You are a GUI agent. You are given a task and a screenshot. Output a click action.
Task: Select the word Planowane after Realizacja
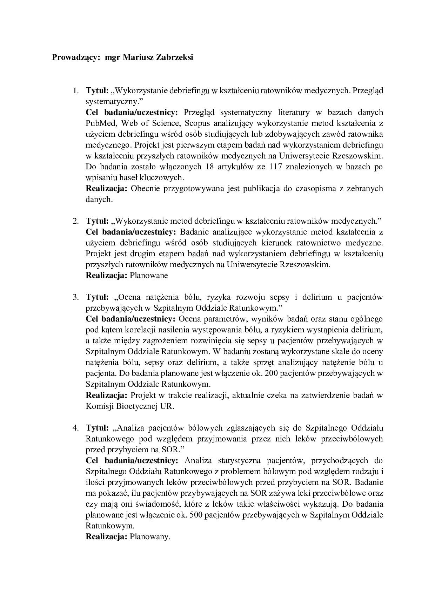click(x=149, y=275)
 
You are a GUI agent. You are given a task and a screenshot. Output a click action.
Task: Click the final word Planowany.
click(x=150, y=537)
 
